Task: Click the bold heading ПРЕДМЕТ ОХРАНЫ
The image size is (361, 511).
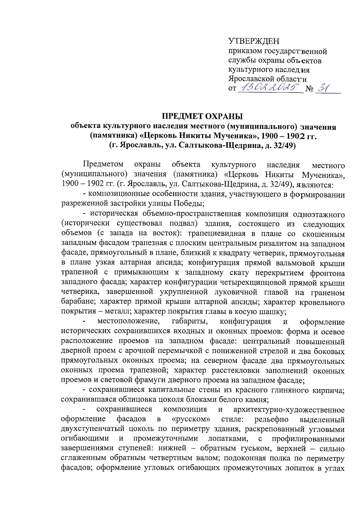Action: tap(202, 116)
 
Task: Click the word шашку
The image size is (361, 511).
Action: tap(274, 311)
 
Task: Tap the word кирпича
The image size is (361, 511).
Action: tap(331, 390)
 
